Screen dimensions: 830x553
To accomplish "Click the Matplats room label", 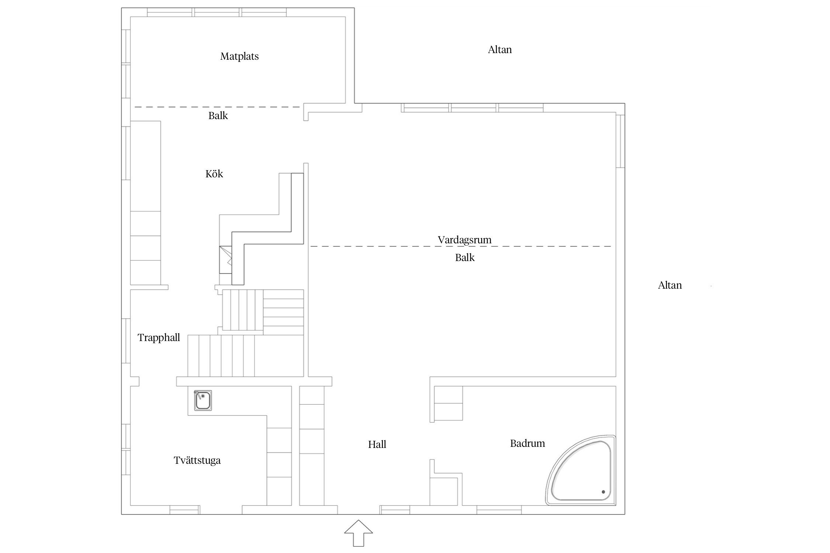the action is coord(239,56).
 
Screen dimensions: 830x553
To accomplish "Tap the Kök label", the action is coord(214,174).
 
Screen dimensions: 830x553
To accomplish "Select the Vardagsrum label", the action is coord(464,240).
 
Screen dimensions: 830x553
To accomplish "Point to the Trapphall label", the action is coord(159,338).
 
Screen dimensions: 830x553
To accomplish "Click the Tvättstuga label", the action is coord(197,460).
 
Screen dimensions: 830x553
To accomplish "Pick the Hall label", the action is coord(377,444).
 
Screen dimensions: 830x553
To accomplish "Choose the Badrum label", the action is coord(528,443).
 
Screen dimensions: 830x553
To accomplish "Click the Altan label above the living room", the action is coord(500,50).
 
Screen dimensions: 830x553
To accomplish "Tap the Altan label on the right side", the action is coord(670,285).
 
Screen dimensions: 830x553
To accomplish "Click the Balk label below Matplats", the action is coord(218,116).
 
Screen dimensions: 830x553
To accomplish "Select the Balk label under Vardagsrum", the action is coord(465,258).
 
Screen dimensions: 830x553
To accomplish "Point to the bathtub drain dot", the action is coord(604,491).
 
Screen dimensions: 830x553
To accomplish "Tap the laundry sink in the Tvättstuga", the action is coord(203,400).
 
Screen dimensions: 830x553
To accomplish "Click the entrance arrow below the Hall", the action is coord(359,533).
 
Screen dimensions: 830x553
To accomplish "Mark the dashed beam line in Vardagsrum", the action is coord(461,246).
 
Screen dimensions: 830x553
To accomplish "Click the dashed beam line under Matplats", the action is coord(217,107).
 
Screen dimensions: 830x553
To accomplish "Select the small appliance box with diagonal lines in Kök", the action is coord(225,260).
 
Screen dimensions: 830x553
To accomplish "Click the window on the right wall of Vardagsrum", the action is coord(620,141).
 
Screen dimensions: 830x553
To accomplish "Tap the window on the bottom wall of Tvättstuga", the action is coord(185,510).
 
